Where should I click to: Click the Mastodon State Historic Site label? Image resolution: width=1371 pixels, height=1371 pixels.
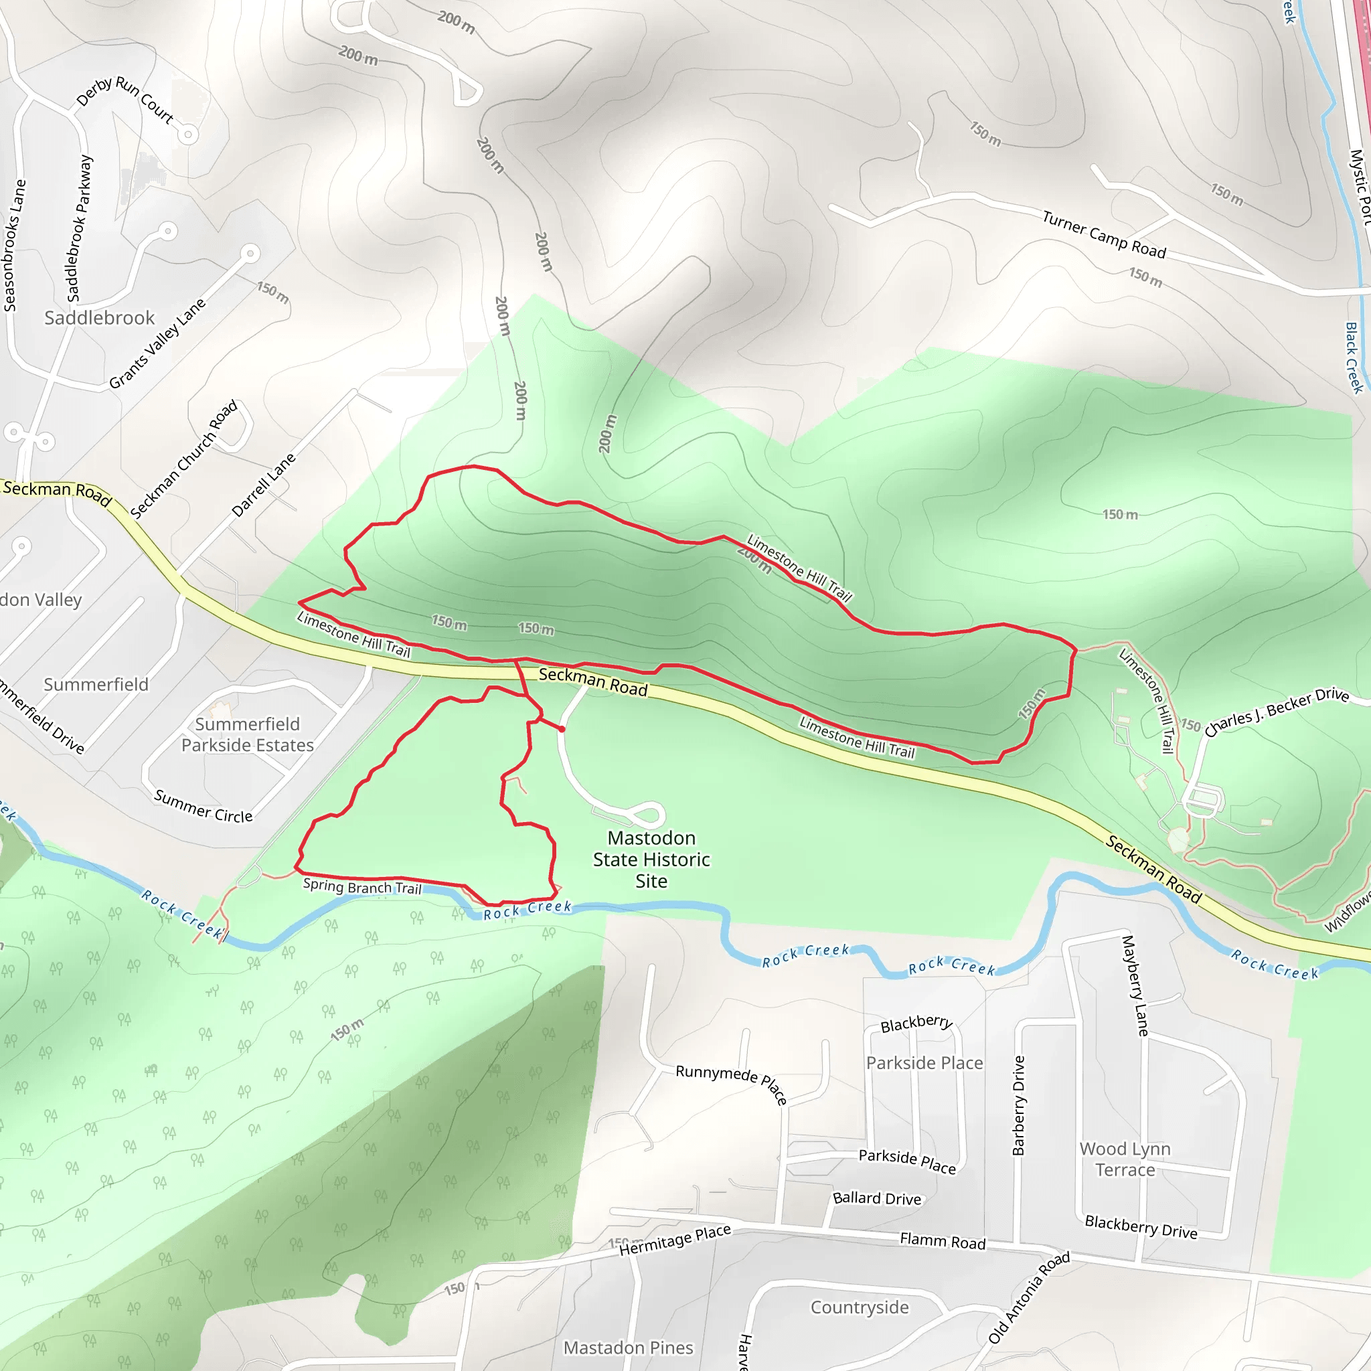[651, 860]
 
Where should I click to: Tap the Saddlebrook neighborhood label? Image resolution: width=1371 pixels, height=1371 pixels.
[99, 318]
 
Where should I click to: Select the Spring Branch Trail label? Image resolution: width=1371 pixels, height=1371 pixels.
[362, 886]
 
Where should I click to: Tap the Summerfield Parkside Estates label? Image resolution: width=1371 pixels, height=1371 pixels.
[247, 734]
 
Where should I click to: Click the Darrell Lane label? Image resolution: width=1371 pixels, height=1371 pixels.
[263, 485]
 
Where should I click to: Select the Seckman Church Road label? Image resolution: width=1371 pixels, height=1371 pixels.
[184, 459]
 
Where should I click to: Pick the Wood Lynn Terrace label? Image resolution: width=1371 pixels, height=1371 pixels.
[1125, 1159]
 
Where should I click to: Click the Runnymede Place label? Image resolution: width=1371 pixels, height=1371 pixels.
[732, 1084]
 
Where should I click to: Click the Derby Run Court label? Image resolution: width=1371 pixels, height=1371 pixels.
[125, 100]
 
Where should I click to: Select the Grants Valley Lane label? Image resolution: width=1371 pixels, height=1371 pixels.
[157, 343]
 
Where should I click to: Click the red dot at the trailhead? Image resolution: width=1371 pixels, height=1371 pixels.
[562, 729]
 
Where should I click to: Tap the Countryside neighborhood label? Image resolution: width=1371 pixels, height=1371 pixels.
[860, 1307]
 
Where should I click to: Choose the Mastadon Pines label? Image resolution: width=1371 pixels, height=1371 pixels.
[628, 1348]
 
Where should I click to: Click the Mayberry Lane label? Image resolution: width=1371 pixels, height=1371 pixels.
[1135, 985]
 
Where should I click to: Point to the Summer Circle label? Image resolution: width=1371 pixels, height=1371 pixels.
[204, 806]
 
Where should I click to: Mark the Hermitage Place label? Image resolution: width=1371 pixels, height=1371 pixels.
[675, 1240]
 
